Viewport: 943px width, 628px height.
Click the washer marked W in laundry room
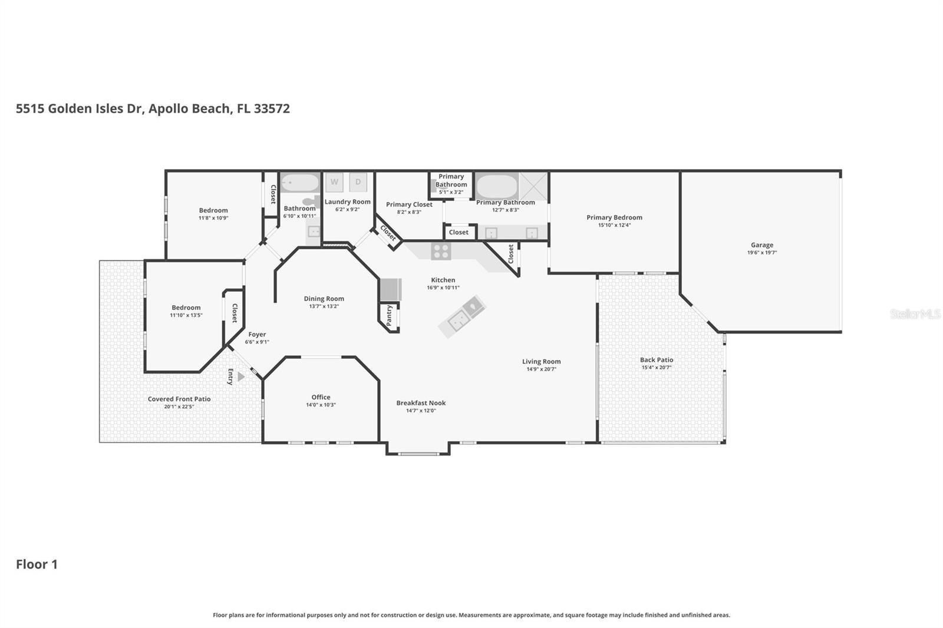point(334,182)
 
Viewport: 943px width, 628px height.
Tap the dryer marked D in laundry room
point(358,182)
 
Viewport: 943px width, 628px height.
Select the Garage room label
point(761,245)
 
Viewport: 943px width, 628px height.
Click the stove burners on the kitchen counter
point(441,252)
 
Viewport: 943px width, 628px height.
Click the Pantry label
point(389,315)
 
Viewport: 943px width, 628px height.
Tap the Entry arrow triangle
point(240,376)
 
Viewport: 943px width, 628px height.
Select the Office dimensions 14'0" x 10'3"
point(321,405)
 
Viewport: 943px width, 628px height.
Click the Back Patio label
point(657,360)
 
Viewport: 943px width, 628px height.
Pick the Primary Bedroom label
point(614,217)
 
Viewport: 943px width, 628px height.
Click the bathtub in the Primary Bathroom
point(497,187)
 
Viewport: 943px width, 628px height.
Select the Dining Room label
point(324,299)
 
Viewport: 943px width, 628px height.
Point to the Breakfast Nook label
point(421,403)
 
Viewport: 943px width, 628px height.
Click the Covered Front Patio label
point(179,399)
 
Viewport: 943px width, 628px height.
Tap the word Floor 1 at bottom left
point(37,564)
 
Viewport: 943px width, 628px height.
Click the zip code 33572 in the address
point(272,108)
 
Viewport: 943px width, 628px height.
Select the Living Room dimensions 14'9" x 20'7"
point(541,369)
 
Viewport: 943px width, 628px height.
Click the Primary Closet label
point(409,204)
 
